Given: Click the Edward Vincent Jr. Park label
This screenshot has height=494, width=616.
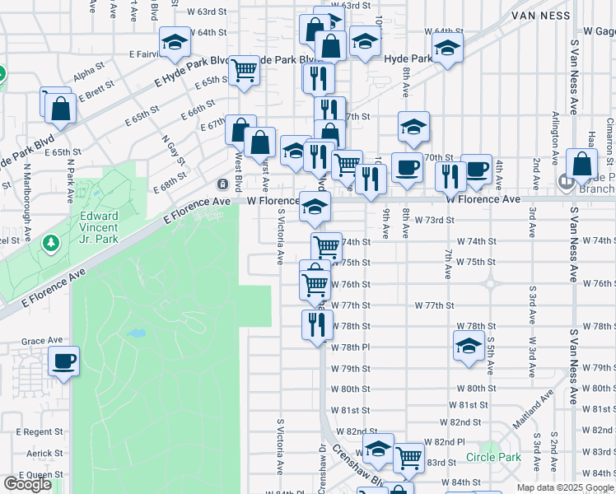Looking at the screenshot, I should pyautogui.click(x=99, y=227).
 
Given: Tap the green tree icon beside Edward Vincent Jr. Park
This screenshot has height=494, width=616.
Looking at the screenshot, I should pyautogui.click(x=52, y=243).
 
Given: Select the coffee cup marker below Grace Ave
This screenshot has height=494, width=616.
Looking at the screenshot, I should pyautogui.click(x=63, y=361).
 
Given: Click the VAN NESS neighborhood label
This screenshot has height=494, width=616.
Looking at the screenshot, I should pyautogui.click(x=541, y=15).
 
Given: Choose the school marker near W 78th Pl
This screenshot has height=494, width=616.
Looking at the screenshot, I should pyautogui.click(x=468, y=346).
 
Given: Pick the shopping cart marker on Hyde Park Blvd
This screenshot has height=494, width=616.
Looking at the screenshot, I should pyautogui.click(x=245, y=71).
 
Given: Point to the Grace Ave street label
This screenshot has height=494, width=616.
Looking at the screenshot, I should pyautogui.click(x=42, y=340).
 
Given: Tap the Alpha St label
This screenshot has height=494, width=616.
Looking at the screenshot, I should pyautogui.click(x=89, y=77).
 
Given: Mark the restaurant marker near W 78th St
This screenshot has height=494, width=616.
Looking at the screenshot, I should pyautogui.click(x=317, y=324).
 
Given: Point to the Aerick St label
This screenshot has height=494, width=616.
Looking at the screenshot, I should pyautogui.click(x=44, y=453).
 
